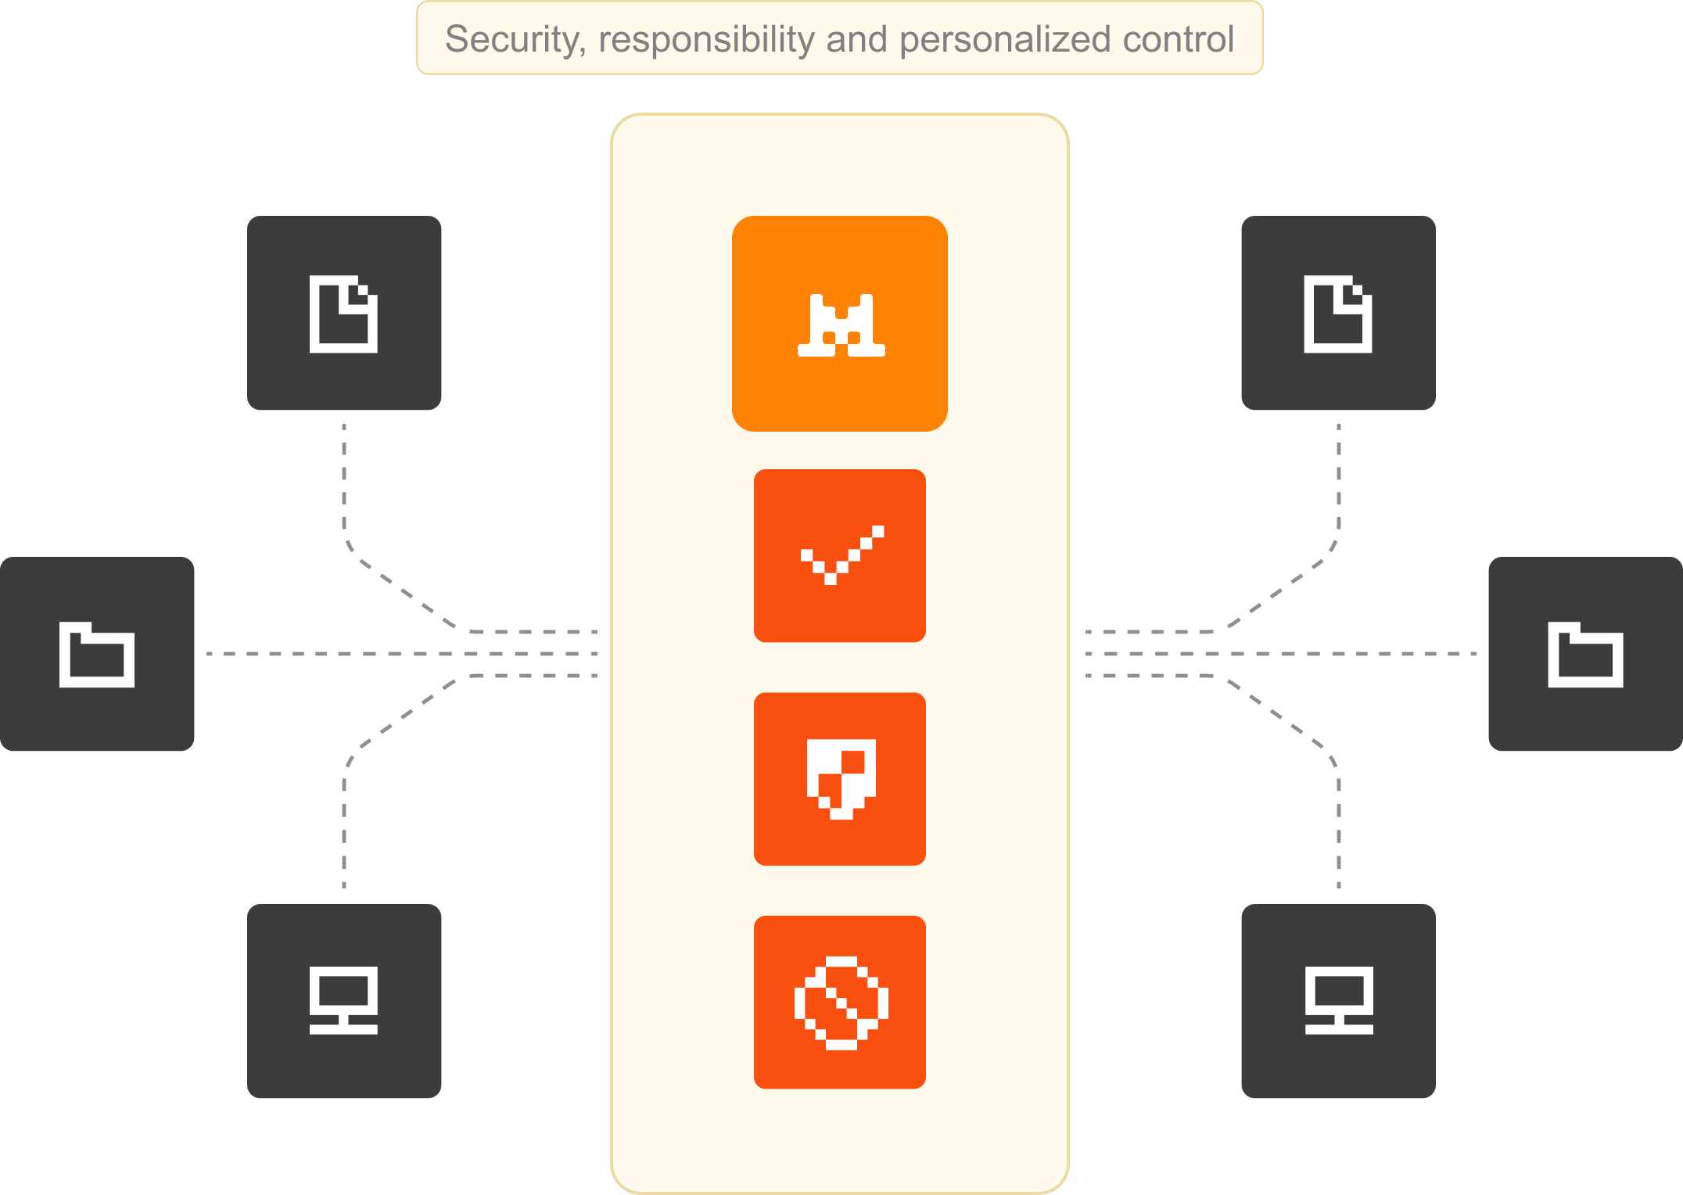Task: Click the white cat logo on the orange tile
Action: coord(841,325)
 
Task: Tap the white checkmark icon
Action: coord(841,554)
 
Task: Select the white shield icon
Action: coord(841,779)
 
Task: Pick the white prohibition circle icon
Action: coord(841,1003)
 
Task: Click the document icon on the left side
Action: coord(343,314)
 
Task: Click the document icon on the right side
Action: coord(1337,314)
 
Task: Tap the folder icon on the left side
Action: coord(97,655)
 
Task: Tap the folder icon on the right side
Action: coord(1585,655)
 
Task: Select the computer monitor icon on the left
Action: coord(343,1000)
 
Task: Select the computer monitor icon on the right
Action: coord(1339,1000)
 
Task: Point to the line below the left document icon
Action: coord(344,481)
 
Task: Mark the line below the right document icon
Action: coord(1339,481)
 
